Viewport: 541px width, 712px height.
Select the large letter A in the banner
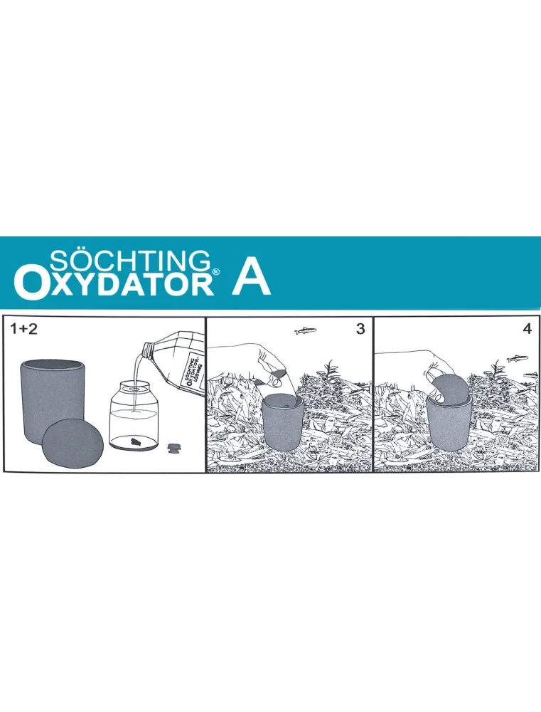tap(251, 280)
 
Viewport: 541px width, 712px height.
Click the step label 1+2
tap(26, 329)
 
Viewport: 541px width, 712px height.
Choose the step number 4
tap(527, 329)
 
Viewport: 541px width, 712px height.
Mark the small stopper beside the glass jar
tap(173, 448)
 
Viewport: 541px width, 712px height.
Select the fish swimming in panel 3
tap(305, 330)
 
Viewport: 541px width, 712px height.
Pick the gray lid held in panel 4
tap(449, 391)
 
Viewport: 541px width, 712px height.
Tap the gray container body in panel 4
tap(448, 431)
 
